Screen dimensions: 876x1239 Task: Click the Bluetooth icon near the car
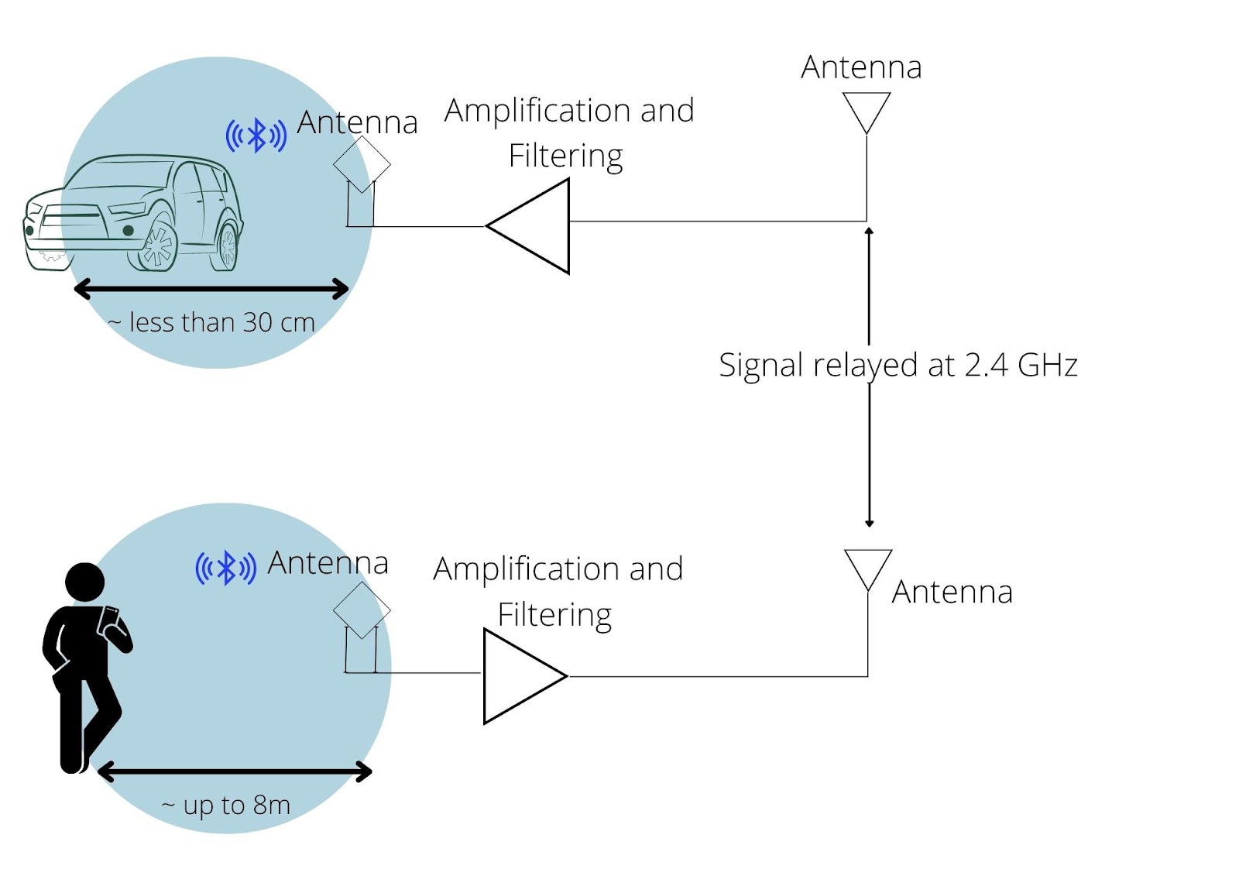(x=256, y=136)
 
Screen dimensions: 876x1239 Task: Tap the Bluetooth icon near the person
(x=225, y=569)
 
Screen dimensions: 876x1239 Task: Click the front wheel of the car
(x=158, y=246)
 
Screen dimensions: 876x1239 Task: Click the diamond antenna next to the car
(x=362, y=164)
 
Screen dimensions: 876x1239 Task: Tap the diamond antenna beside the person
(x=362, y=610)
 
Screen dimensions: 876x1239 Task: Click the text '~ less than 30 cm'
(x=212, y=322)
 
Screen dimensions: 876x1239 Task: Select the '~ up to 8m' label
(x=226, y=806)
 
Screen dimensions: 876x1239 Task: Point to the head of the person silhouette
(x=84, y=582)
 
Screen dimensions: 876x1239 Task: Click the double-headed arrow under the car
(x=211, y=290)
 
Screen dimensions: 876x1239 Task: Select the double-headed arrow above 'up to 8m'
(x=235, y=771)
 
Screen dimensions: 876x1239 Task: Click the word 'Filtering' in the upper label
(x=565, y=156)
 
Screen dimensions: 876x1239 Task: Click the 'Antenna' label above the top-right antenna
(x=861, y=67)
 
